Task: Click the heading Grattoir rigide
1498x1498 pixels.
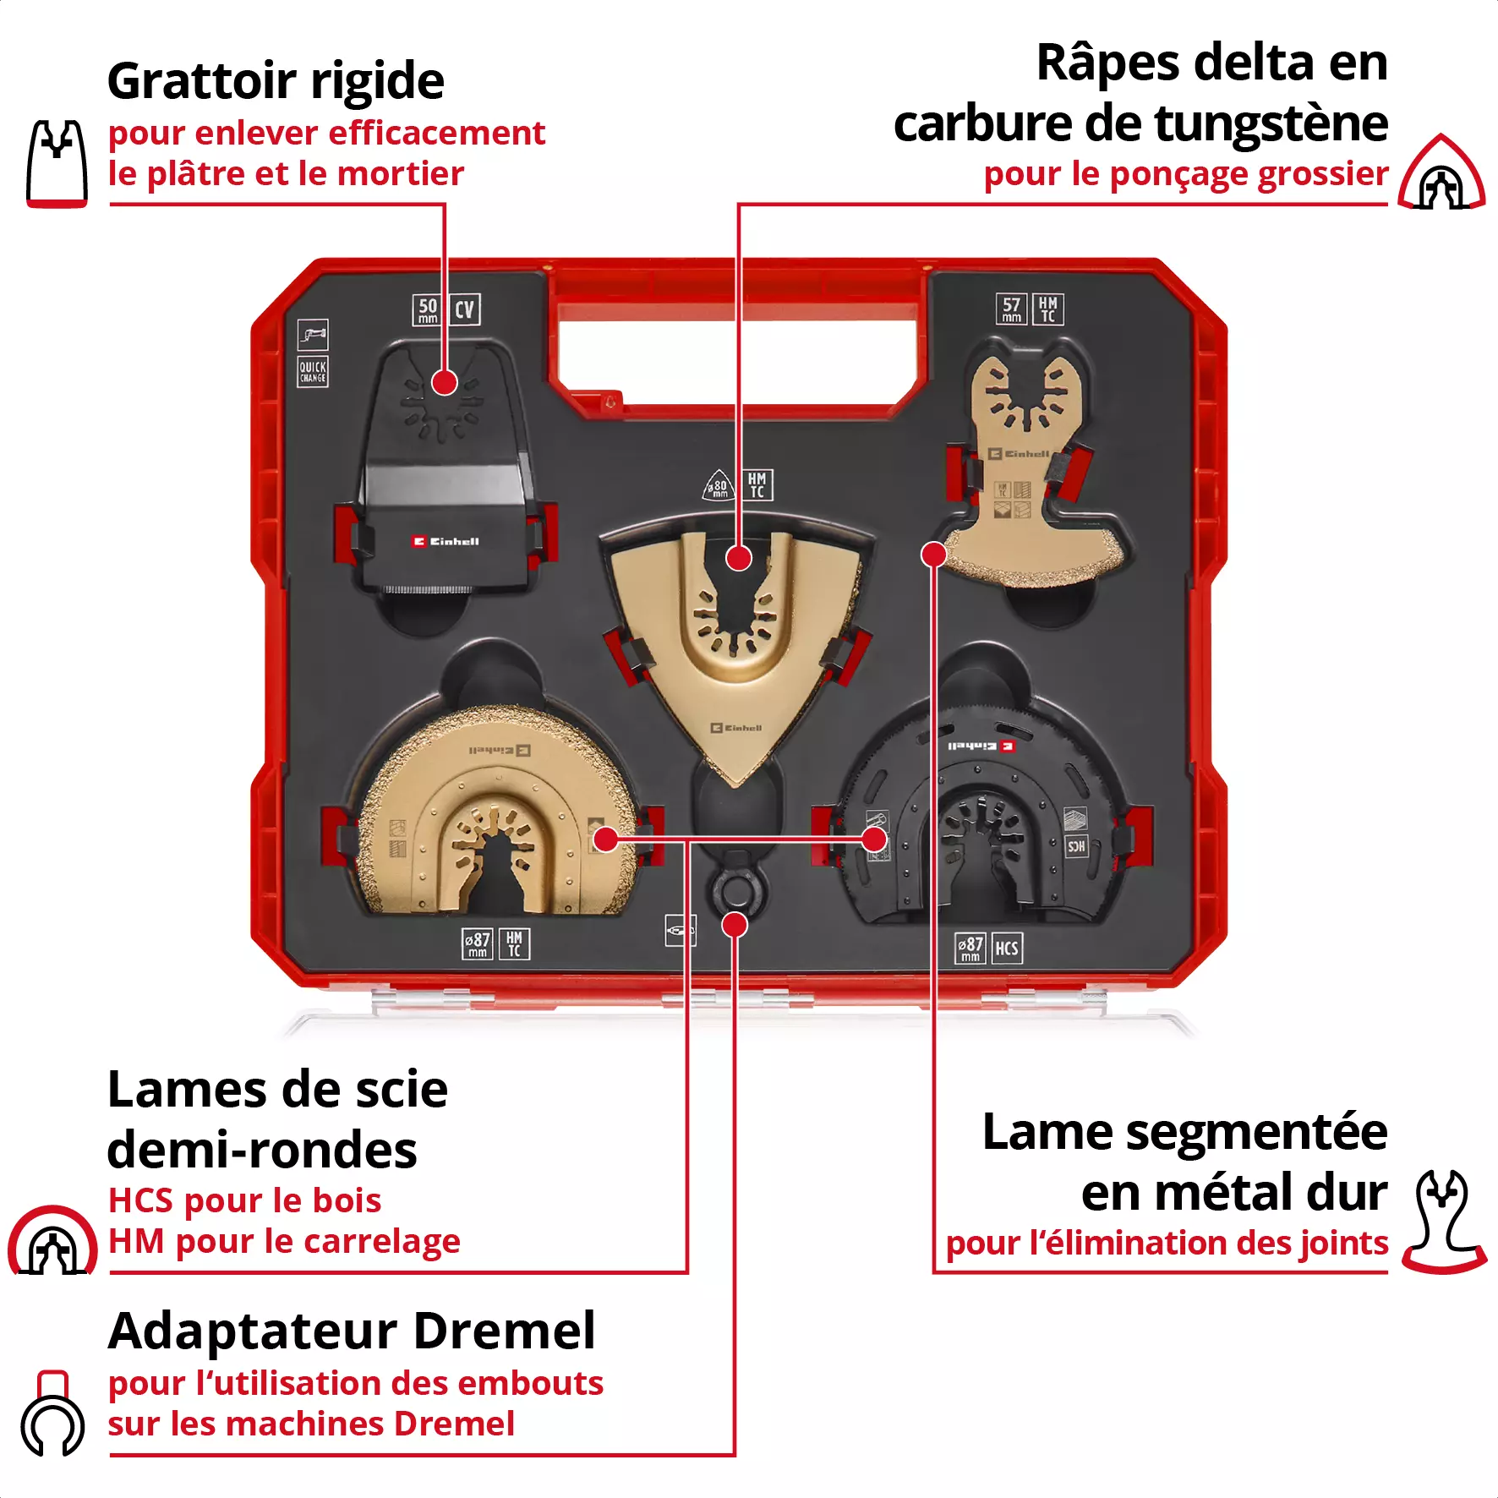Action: [x=276, y=82]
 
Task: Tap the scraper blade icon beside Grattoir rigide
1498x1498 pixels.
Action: [x=57, y=164]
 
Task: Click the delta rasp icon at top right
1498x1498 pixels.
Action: [x=1441, y=173]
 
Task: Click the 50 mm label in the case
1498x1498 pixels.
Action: [x=428, y=309]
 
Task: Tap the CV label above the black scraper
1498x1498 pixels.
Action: [x=465, y=309]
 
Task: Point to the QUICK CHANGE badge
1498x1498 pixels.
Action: [x=313, y=371]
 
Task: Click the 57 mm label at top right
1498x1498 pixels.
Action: [x=1011, y=309]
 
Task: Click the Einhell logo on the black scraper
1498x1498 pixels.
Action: [x=446, y=541]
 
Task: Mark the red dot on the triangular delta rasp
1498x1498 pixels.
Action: [x=739, y=558]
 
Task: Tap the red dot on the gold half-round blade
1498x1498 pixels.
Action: [x=605, y=839]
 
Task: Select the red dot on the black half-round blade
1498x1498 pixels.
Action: [x=874, y=839]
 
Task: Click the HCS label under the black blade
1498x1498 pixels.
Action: [x=1006, y=948]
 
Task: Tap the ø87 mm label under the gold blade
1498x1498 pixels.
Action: [x=478, y=943]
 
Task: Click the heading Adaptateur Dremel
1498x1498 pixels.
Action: [x=352, y=1331]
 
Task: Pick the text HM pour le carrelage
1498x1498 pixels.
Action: [x=284, y=1241]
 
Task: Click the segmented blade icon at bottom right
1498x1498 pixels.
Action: [x=1444, y=1222]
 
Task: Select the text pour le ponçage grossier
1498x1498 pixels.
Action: [x=1185, y=174]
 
